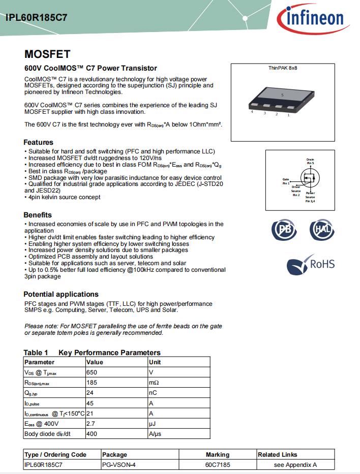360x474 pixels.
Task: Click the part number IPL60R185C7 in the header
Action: (x=37, y=17)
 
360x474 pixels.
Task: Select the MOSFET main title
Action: (x=47, y=54)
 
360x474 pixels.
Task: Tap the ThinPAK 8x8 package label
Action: (x=283, y=68)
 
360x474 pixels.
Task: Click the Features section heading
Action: (x=38, y=142)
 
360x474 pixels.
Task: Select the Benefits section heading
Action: (x=38, y=215)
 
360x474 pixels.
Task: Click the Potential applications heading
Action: (x=61, y=294)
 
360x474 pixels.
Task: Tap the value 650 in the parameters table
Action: (x=92, y=372)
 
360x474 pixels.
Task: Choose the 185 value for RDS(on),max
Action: (x=92, y=383)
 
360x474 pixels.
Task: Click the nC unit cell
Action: (x=153, y=393)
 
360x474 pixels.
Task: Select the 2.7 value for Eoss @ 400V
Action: (x=91, y=424)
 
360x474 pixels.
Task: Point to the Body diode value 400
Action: (x=92, y=434)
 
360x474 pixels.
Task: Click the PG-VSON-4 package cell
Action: (x=118, y=464)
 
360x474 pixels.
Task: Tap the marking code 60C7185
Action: (x=217, y=464)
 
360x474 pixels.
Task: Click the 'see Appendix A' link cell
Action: (x=295, y=464)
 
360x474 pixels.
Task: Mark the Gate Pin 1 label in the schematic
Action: (x=286, y=181)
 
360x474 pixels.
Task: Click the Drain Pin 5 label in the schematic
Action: (x=310, y=161)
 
